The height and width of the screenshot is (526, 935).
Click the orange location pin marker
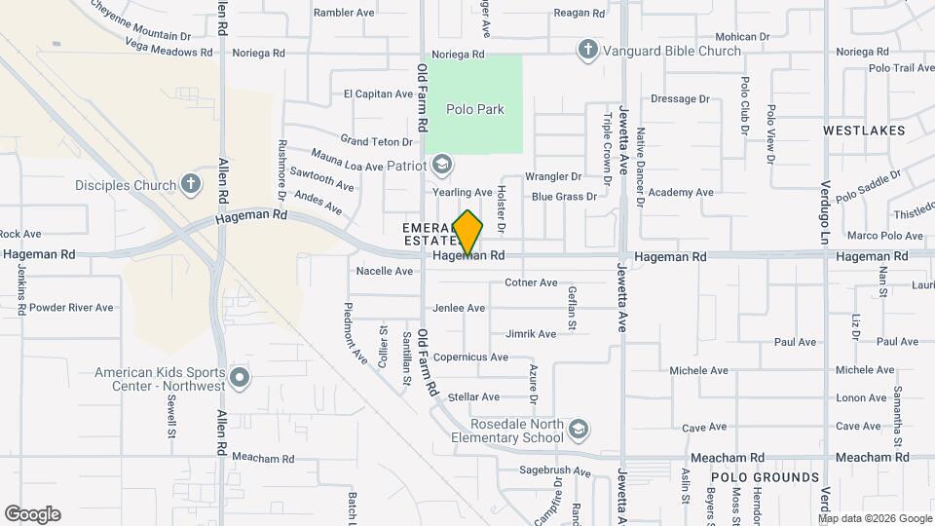[x=468, y=233]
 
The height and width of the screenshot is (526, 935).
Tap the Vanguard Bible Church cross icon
[x=586, y=49]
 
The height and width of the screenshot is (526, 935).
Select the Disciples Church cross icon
[x=191, y=183]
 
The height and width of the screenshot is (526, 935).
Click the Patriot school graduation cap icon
[x=442, y=165]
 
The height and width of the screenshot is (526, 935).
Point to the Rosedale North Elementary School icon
[x=579, y=429]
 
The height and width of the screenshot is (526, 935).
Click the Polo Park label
[x=475, y=109]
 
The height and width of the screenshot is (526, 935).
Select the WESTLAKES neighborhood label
[x=863, y=130]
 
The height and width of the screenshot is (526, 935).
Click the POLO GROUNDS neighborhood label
[x=765, y=477]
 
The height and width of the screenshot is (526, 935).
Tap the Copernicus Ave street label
[x=470, y=357]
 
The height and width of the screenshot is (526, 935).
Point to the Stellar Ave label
[x=473, y=397]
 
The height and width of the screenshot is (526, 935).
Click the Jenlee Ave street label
[x=459, y=309]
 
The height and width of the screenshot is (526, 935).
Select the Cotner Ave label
[x=531, y=283]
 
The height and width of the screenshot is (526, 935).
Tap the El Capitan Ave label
[x=379, y=94]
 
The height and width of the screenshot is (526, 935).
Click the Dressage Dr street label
[x=680, y=99]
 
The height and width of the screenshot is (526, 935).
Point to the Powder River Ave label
[x=72, y=307]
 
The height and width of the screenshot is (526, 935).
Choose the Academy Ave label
[x=681, y=193]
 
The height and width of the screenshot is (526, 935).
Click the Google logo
[x=32, y=514]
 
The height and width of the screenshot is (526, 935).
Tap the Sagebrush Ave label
[x=554, y=471]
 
